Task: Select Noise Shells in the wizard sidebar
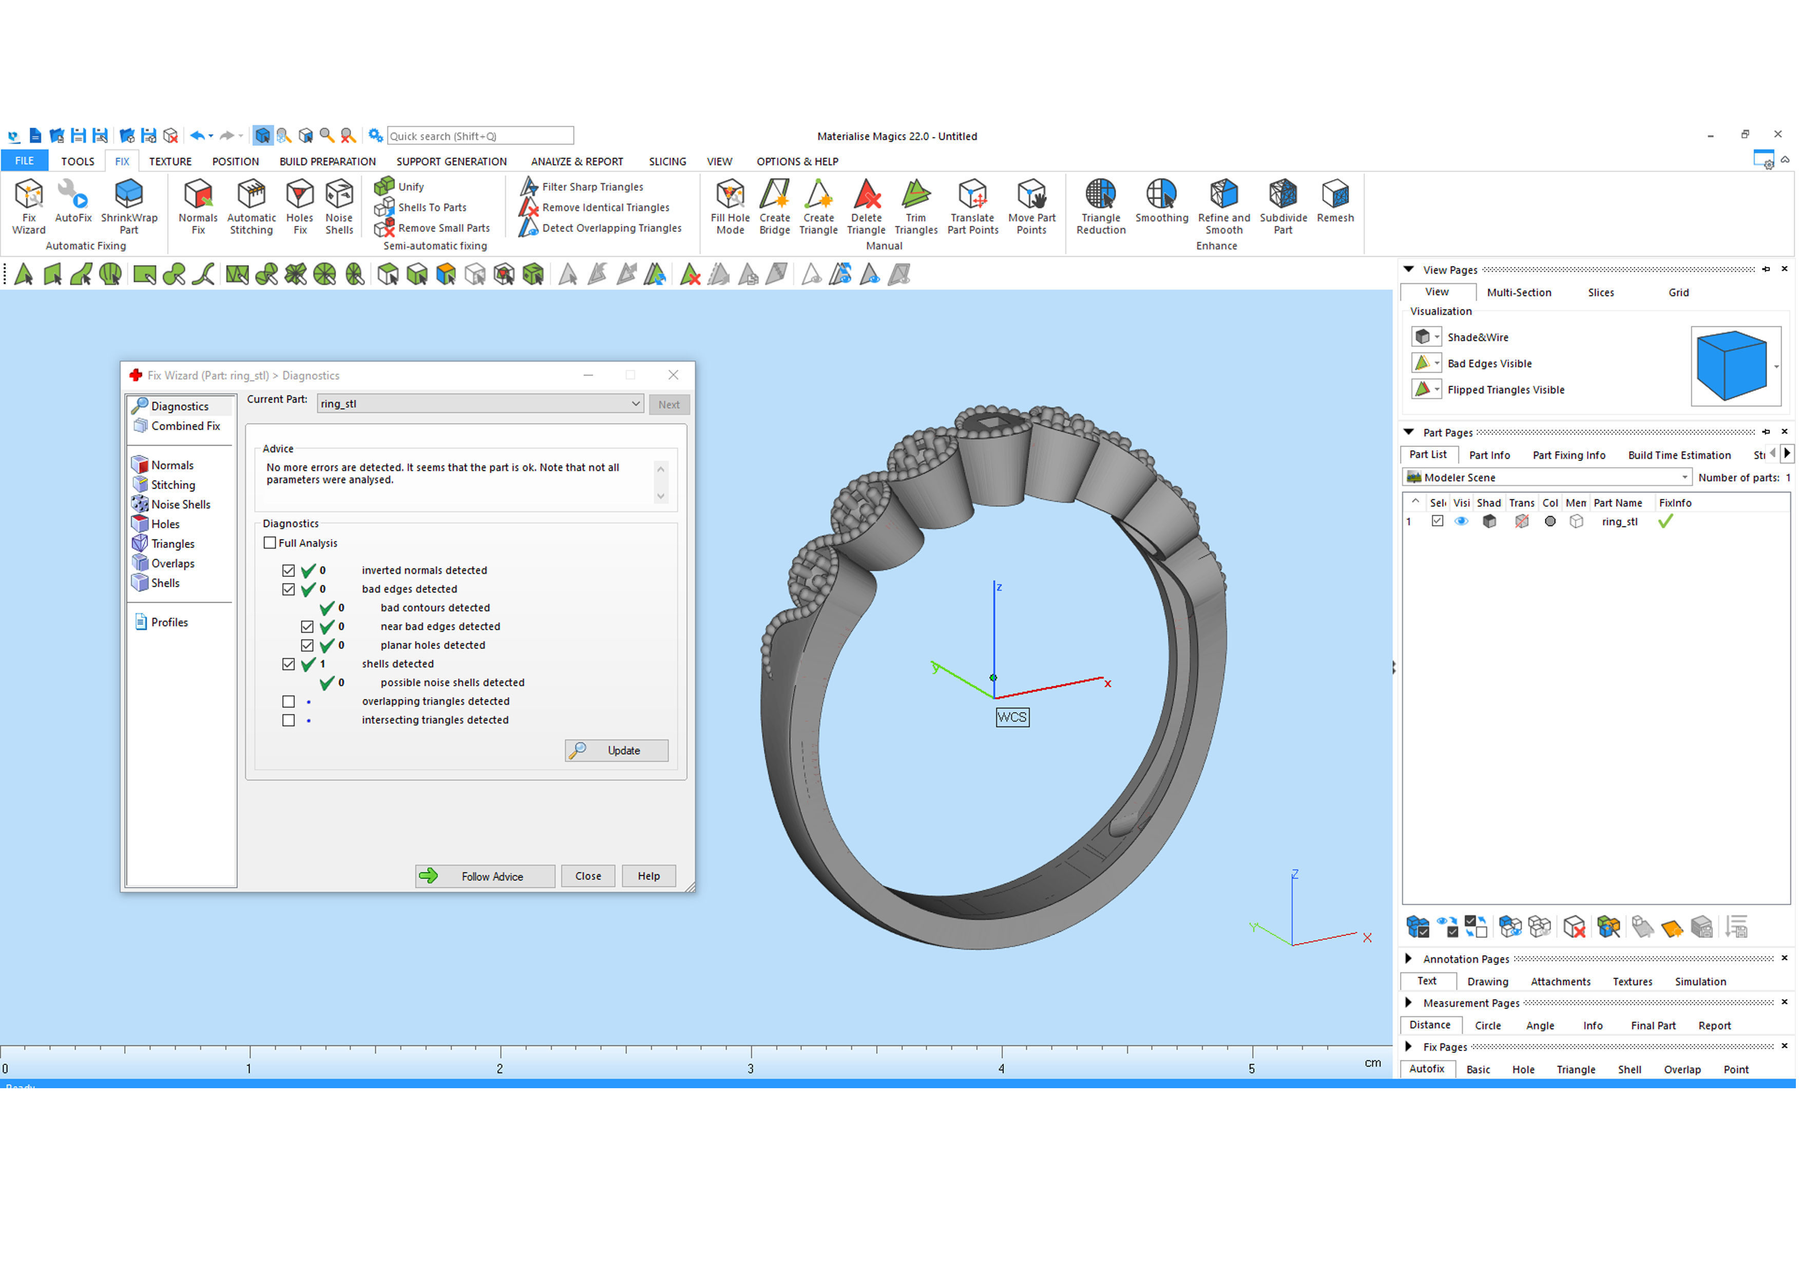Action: click(180, 505)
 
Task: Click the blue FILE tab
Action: click(24, 161)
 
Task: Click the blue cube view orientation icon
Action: click(1734, 365)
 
